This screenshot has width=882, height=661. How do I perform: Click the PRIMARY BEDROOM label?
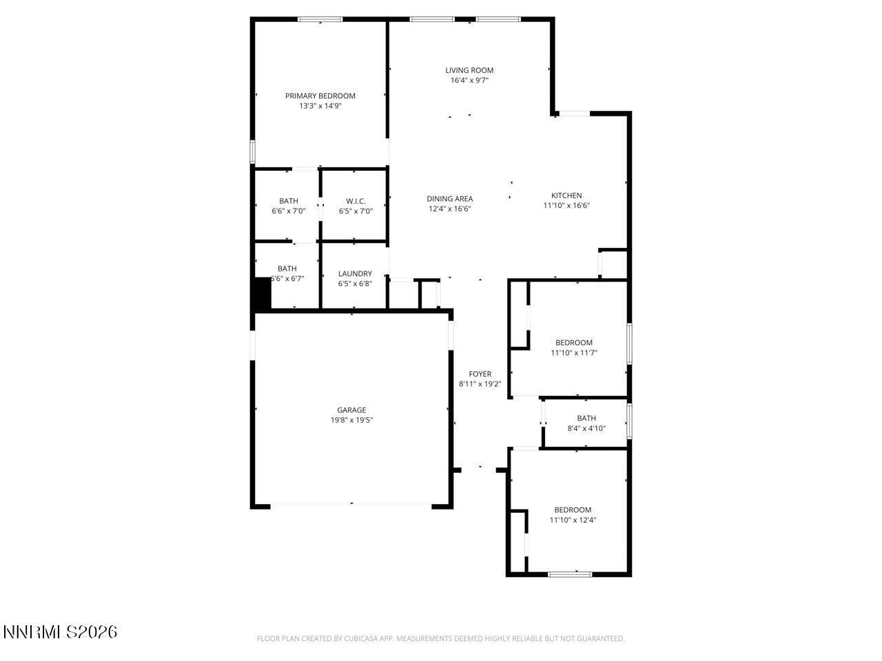[320, 96]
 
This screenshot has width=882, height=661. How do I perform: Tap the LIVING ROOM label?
[469, 70]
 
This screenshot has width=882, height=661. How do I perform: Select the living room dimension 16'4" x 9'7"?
[469, 81]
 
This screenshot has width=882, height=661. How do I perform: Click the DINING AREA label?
[449, 199]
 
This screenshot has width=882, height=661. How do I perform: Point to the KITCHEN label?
[566, 196]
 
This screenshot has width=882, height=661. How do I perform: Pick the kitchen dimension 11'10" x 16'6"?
[566, 205]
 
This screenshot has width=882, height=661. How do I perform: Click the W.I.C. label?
[356, 201]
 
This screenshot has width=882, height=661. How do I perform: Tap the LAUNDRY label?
[355, 273]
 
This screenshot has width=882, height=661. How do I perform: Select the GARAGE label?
[351, 410]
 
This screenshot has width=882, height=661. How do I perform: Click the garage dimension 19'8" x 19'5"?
[351, 420]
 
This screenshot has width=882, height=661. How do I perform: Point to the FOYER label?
[480, 375]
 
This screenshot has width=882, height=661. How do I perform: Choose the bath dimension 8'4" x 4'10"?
[586, 428]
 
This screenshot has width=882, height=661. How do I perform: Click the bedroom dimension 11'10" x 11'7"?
[574, 353]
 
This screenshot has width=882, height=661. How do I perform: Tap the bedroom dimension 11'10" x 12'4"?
[573, 521]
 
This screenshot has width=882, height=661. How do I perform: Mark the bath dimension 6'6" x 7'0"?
[289, 211]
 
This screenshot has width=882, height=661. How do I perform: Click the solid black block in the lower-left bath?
[262, 294]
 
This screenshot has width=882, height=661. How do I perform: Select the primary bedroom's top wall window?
[320, 19]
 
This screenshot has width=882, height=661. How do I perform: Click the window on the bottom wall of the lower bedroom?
[570, 574]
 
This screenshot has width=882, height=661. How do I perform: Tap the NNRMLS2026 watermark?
[60, 631]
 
